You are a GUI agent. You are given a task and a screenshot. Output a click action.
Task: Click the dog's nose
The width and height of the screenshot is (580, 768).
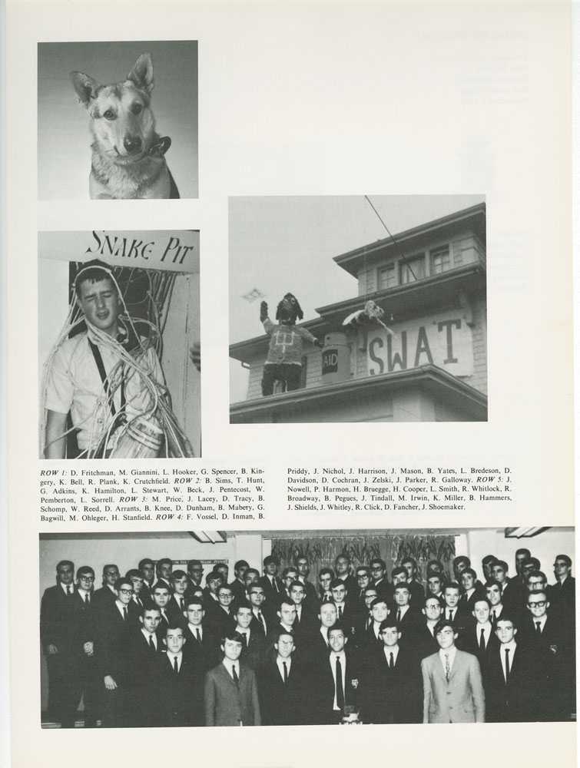coord(133,143)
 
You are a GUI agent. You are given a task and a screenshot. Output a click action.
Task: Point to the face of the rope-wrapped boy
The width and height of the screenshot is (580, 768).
coord(98,296)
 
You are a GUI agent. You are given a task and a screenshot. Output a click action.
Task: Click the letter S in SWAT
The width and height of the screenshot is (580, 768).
coord(377,356)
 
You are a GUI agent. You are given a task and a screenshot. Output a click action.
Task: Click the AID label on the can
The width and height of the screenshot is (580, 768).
coord(330,361)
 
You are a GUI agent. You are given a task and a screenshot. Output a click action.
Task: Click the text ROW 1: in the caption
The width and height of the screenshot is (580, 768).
coord(52,472)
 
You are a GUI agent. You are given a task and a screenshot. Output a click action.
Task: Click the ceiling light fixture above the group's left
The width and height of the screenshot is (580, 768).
coord(209,536)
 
